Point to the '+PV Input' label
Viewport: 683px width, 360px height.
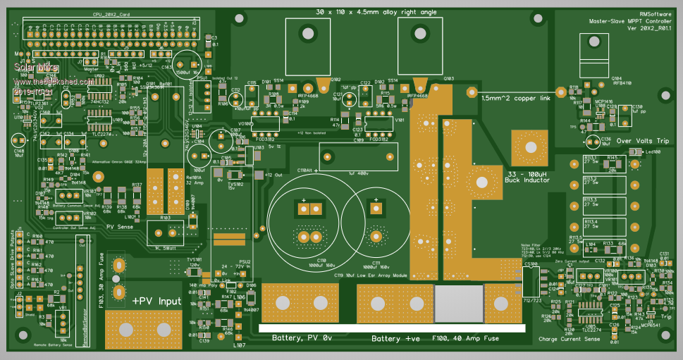tap(156, 301)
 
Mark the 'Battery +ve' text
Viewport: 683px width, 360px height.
tap(395, 339)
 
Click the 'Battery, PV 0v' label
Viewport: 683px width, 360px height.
tap(302, 339)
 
